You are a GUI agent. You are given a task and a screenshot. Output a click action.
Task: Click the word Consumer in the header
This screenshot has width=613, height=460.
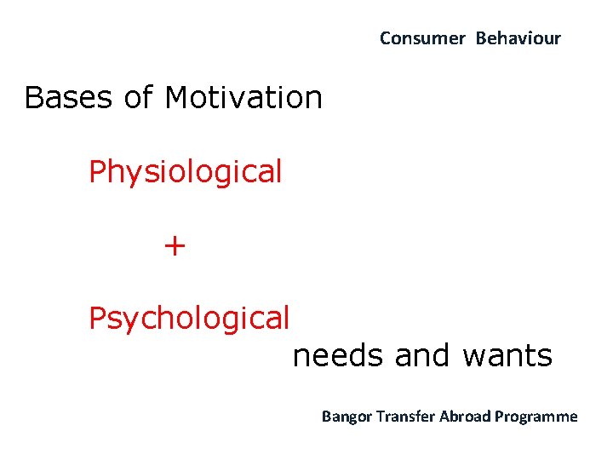(x=422, y=38)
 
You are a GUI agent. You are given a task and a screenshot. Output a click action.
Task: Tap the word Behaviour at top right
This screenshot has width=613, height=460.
(x=518, y=38)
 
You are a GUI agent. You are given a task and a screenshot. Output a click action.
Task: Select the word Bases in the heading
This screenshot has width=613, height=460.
(x=69, y=98)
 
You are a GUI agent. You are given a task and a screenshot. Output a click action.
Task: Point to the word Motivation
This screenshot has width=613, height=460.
(x=243, y=98)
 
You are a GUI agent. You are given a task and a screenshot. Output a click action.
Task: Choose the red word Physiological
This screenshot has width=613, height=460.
(x=185, y=173)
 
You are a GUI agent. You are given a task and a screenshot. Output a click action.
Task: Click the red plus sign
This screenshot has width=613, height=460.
(x=175, y=246)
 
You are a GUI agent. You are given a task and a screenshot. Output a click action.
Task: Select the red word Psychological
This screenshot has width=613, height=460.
(x=189, y=319)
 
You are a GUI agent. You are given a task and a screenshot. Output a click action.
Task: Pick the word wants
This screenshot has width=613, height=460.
(x=507, y=356)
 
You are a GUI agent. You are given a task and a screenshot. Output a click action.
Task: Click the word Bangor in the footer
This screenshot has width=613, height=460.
(x=345, y=417)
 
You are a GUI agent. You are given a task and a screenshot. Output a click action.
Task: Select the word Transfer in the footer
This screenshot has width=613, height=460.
(x=403, y=417)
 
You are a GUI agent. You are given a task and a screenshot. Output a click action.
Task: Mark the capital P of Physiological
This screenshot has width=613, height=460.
(x=98, y=172)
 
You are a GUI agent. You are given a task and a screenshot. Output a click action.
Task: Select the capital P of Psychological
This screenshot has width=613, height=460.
(x=98, y=319)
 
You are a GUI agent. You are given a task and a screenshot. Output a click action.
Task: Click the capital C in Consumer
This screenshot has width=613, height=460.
(x=385, y=38)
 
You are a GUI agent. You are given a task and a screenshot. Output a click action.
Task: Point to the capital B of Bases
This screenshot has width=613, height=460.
(x=33, y=98)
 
